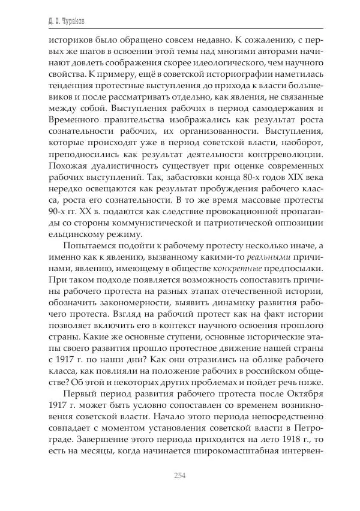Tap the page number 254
point(179,475)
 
